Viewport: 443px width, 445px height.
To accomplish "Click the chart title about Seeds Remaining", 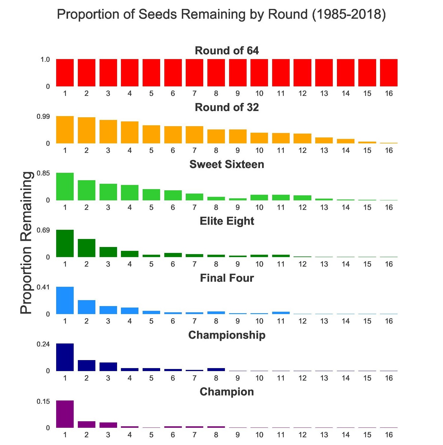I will click(x=221, y=14).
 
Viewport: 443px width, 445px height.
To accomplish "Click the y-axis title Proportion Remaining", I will click(x=26, y=243).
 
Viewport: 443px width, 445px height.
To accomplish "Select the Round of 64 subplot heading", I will click(x=227, y=50).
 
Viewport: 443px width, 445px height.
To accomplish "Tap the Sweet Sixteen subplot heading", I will click(x=227, y=164).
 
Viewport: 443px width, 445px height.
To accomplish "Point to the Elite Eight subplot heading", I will click(x=227, y=221).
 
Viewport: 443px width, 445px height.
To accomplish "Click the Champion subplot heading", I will click(x=227, y=392).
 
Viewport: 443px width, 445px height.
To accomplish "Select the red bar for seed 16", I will click(x=389, y=73).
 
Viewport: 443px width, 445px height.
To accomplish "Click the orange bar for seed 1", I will click(x=65, y=130).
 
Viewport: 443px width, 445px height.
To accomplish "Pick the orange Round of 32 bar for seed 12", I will click(x=302, y=139).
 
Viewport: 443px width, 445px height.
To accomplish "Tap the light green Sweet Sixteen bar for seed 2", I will click(x=86, y=190).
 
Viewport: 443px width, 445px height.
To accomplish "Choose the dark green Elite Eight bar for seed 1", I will click(x=65, y=243).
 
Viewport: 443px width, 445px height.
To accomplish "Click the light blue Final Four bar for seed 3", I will click(x=108, y=310).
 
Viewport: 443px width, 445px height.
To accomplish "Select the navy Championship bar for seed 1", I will click(x=65, y=357).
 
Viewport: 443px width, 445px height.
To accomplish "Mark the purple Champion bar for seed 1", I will click(x=65, y=414).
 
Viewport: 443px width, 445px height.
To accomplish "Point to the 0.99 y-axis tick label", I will click(x=43, y=117).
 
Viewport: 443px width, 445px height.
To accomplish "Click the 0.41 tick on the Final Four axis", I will click(x=43, y=287).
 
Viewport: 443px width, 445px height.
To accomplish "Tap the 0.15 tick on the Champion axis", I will click(x=43, y=401).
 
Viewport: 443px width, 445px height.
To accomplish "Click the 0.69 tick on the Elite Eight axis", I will click(x=43, y=230).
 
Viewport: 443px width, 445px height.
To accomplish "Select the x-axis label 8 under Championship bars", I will click(x=216, y=378).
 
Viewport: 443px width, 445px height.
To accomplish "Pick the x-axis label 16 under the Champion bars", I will click(x=389, y=435).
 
